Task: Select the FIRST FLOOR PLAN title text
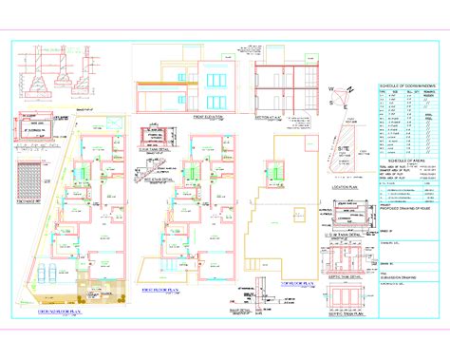point(162,289)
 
